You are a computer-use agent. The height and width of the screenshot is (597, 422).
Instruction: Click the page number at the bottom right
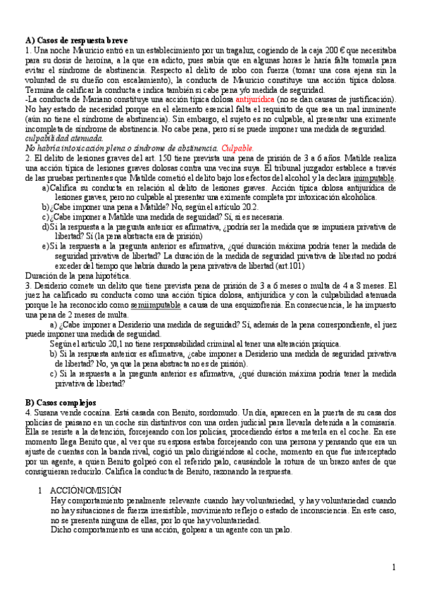pyautogui.click(x=393, y=567)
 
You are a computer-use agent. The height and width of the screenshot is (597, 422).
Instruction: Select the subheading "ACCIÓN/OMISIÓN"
pyautogui.click(x=86, y=489)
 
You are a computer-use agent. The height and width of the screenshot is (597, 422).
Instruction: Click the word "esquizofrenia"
pyautogui.click(x=244, y=306)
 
